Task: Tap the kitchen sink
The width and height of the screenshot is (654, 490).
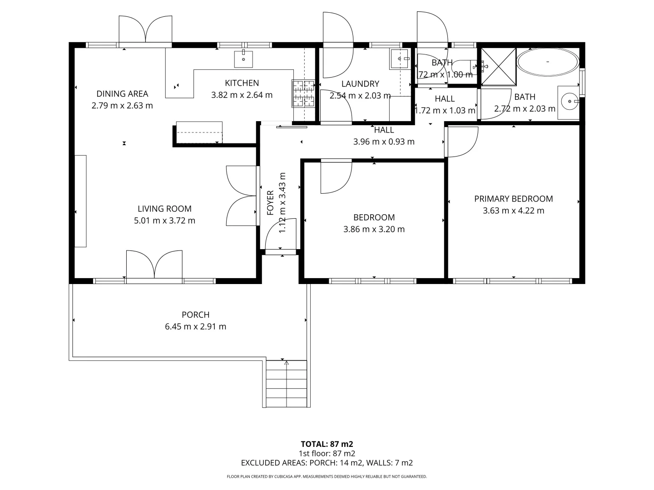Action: [243, 59]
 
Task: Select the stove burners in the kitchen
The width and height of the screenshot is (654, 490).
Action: [303, 93]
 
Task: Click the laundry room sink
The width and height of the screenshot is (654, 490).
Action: [400, 59]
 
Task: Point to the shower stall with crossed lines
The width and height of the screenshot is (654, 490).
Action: [499, 66]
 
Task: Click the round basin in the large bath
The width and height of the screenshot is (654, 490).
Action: [569, 101]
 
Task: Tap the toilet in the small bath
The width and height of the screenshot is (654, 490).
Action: [463, 67]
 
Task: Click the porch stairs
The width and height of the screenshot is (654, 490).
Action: [286, 384]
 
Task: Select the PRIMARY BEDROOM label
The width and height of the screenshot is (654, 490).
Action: [513, 199]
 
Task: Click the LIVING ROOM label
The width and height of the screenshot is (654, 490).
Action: [164, 209]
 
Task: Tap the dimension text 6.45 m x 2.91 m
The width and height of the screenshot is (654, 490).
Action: [195, 327]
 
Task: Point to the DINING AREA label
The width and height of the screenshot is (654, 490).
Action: [122, 94]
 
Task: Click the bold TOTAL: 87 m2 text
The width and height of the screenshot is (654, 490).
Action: [327, 444]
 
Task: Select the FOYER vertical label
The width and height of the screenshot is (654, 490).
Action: [271, 202]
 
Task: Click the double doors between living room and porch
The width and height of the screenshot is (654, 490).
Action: [154, 265]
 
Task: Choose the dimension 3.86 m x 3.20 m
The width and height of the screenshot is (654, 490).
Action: [374, 229]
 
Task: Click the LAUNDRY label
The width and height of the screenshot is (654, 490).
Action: [360, 84]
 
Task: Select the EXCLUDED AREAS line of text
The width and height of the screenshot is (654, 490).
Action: [327, 463]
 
